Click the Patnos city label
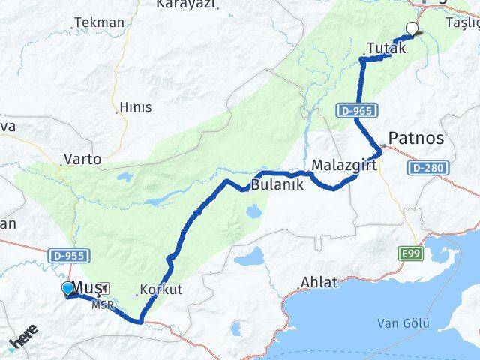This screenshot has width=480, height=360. coord(417,139)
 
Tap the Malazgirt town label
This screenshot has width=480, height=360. coord(343,165)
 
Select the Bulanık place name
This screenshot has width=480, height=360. coord(277,184)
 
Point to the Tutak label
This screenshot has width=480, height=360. coord(387,48)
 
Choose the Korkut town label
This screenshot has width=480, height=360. coord(162,289)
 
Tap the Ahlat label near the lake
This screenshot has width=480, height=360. coord(318,283)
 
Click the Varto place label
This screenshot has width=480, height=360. coord(83,159)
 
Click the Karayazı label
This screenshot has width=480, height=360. coord(185,4)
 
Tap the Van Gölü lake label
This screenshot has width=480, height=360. coord(403,323)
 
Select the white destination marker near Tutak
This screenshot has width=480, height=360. coord(412,29)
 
